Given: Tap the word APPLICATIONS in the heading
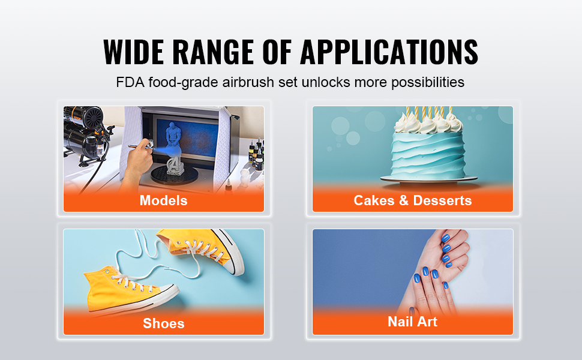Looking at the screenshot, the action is (389, 52).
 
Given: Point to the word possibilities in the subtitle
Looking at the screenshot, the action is (428, 82).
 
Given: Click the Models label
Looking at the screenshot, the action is (164, 200).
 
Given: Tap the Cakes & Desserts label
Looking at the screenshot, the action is (413, 200).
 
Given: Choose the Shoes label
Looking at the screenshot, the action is (164, 323).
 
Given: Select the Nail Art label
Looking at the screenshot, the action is (412, 322).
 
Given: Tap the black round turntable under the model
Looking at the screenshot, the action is (175, 176).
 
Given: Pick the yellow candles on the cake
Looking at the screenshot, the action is (429, 112).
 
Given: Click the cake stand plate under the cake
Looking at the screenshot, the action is (429, 179).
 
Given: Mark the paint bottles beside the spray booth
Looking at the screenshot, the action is (256, 154).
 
